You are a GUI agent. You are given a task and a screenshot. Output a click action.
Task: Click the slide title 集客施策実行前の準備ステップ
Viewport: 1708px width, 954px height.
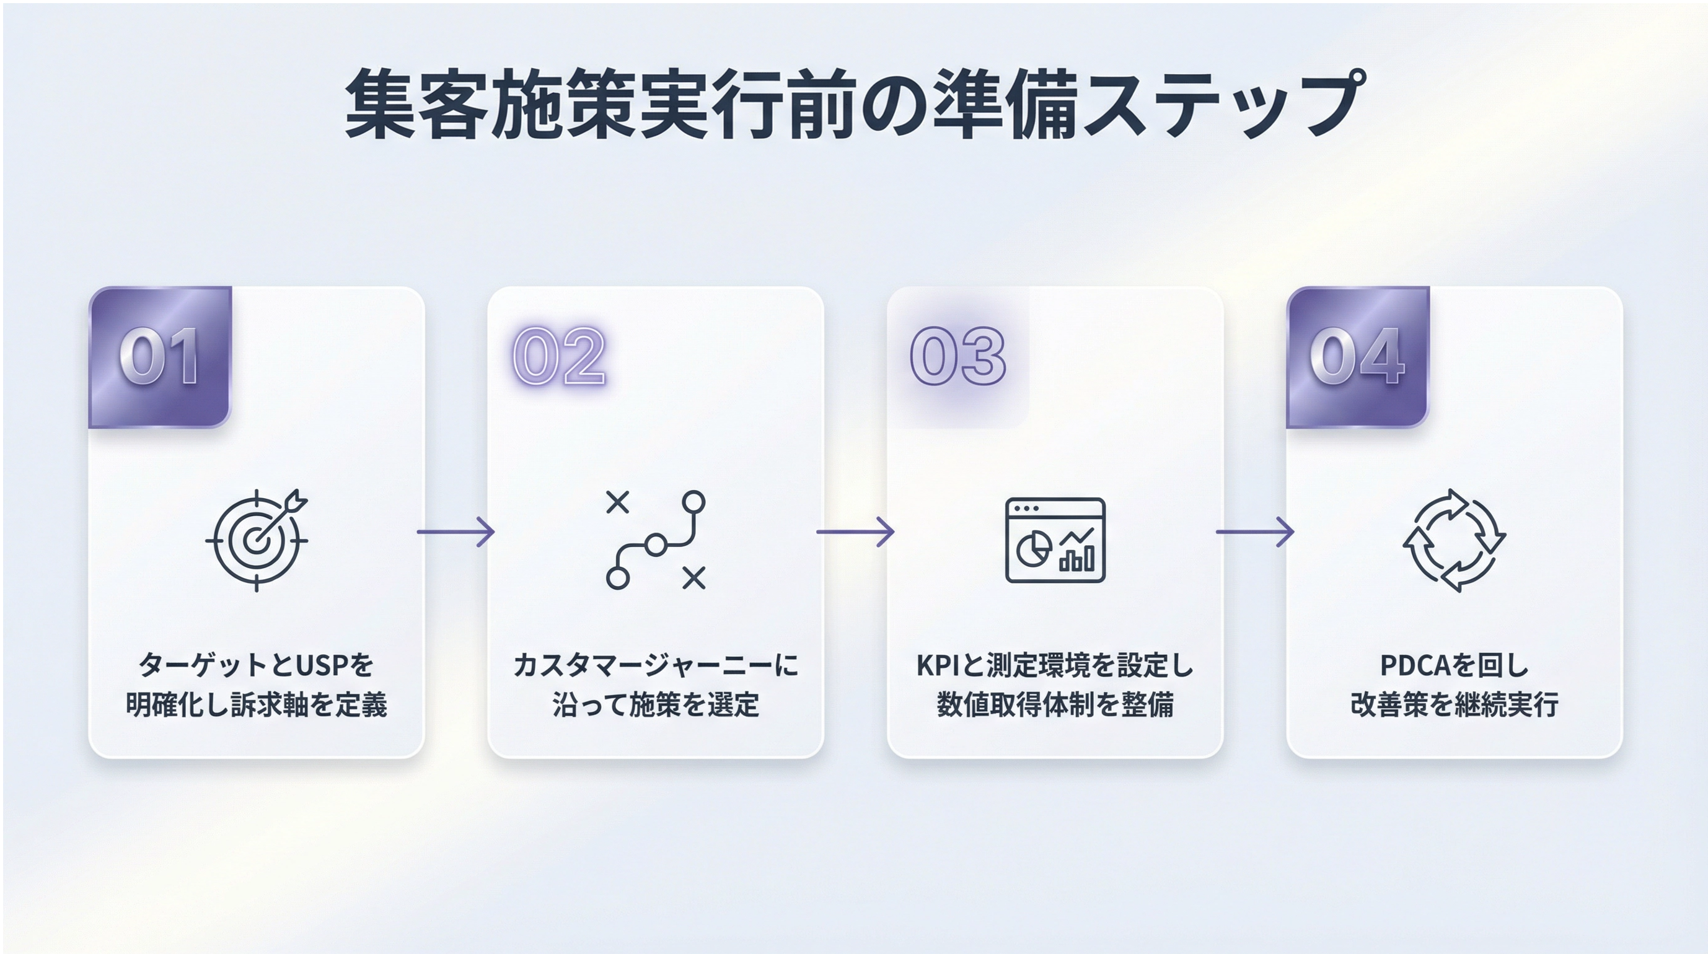point(854,105)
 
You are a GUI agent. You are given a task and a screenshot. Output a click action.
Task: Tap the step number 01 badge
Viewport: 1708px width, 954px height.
point(160,357)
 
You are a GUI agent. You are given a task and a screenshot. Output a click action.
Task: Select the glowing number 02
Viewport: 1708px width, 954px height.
point(559,357)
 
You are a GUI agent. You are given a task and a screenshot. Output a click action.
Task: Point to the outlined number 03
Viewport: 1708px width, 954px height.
point(957,357)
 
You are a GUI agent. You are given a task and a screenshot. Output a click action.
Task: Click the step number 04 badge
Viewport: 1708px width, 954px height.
point(1357,357)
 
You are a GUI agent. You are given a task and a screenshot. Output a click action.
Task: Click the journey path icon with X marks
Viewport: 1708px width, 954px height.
point(656,540)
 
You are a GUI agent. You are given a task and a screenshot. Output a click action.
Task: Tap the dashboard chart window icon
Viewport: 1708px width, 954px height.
point(1055,540)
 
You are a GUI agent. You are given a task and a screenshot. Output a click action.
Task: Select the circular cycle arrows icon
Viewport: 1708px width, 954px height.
point(1454,540)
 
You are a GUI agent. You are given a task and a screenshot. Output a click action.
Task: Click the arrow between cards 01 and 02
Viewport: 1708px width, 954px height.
point(456,532)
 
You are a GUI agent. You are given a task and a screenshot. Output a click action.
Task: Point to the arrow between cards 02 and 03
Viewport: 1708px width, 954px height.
point(855,532)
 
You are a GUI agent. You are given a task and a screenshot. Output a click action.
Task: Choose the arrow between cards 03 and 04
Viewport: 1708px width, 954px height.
point(1254,532)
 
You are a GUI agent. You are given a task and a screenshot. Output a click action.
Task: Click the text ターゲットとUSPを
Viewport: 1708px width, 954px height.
point(257,665)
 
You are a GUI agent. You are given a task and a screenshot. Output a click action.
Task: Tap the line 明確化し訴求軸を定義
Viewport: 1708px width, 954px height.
point(257,704)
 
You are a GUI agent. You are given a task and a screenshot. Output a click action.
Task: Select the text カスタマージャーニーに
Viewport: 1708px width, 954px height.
point(656,665)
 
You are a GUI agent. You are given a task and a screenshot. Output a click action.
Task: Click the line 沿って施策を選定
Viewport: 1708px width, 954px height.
point(656,704)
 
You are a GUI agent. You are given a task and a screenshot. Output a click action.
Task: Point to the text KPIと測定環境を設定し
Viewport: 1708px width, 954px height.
point(1055,665)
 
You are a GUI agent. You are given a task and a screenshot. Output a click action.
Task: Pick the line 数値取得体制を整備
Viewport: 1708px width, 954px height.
point(1055,704)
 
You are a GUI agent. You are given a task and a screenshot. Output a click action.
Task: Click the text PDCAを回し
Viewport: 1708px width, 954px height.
point(1454,665)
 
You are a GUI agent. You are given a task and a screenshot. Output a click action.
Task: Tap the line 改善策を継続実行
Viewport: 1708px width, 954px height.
point(1454,704)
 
